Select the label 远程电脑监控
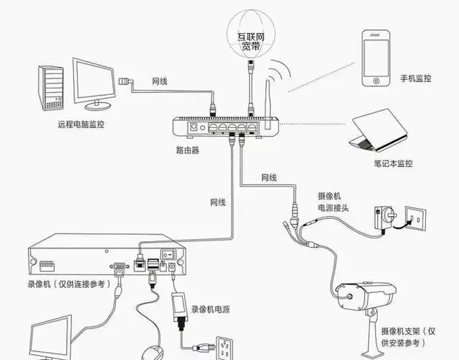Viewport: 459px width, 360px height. click(81, 124)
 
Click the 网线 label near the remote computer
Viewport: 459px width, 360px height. click(160, 81)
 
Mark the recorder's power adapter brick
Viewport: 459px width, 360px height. click(179, 305)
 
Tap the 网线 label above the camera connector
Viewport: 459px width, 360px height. click(269, 177)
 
